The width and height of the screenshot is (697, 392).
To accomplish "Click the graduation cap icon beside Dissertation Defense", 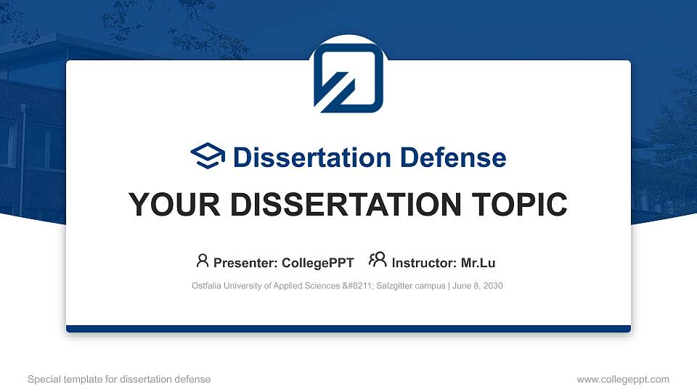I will [x=208, y=156].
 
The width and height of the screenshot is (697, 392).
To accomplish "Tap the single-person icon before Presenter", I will [x=203, y=261].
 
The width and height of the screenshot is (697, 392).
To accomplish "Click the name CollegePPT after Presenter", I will [x=319, y=263].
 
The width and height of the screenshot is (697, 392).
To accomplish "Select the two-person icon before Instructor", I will [x=378, y=261].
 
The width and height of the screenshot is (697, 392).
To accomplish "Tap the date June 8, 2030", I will [x=477, y=286].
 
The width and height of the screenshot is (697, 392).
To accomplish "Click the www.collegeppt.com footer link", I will [x=622, y=379].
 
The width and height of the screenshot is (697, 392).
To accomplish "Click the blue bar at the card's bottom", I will [x=348, y=329].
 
